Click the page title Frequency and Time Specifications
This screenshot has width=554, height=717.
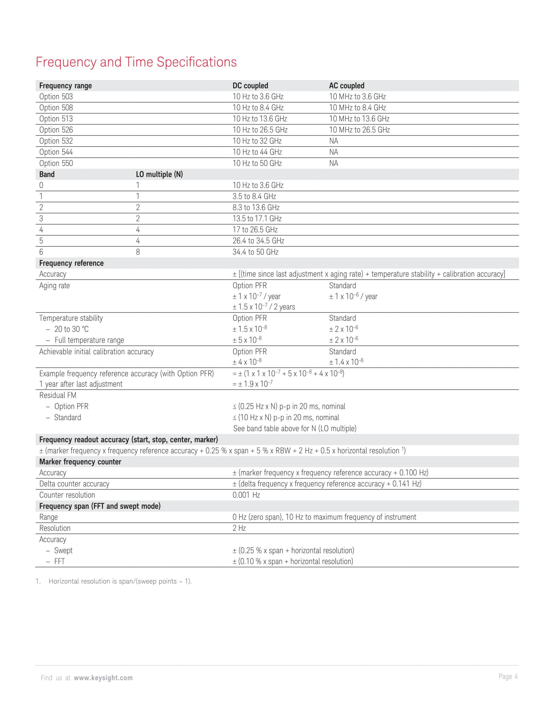(x=136, y=62)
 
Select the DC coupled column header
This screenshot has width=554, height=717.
(x=250, y=86)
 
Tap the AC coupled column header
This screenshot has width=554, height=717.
(x=347, y=86)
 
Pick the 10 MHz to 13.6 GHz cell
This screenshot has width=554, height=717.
(x=359, y=119)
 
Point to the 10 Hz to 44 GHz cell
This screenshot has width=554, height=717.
(x=257, y=152)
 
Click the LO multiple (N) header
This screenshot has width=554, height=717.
(x=159, y=174)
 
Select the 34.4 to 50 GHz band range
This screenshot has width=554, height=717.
(x=255, y=252)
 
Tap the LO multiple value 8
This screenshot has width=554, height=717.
(x=138, y=252)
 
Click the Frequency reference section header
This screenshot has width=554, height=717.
(x=71, y=263)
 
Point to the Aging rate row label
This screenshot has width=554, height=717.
(x=55, y=286)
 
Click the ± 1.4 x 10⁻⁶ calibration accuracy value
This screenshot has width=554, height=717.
(x=346, y=362)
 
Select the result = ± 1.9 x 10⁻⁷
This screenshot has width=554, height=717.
(x=252, y=384)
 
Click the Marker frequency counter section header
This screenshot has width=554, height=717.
(x=80, y=462)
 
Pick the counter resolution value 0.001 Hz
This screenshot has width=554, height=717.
(x=246, y=495)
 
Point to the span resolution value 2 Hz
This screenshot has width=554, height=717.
(x=239, y=528)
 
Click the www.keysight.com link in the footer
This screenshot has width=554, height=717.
(x=103, y=678)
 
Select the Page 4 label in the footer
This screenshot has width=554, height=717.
(x=508, y=677)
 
